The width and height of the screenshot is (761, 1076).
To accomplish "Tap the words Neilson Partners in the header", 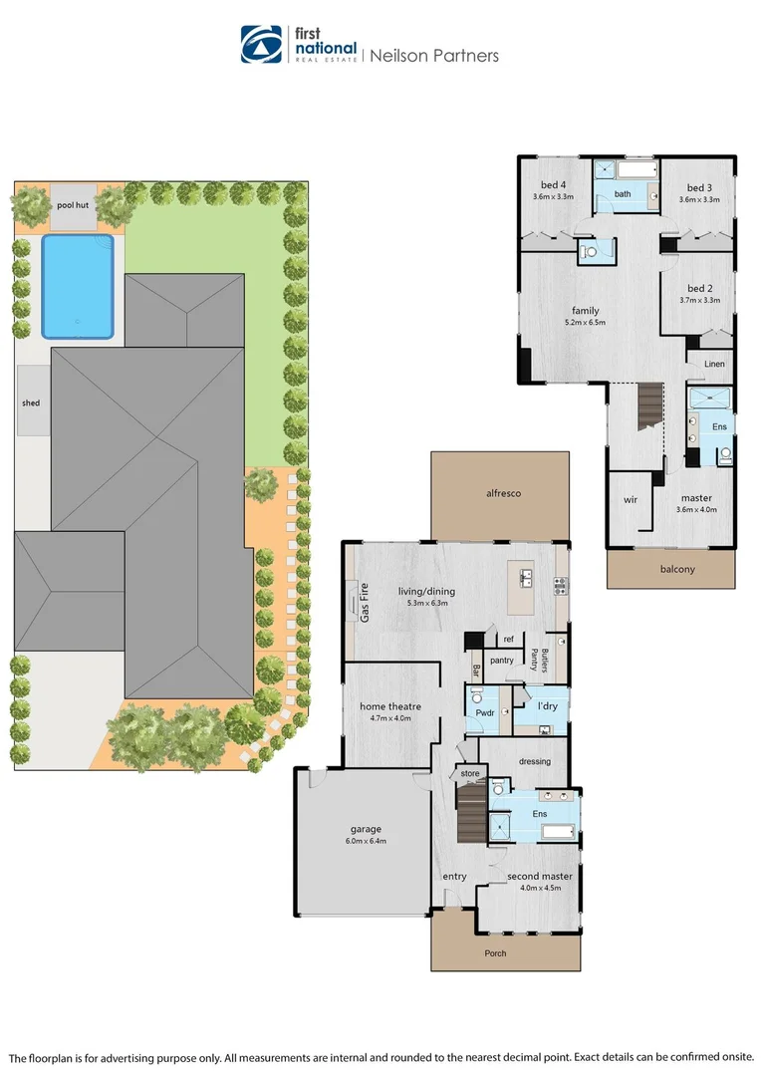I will click(434, 56).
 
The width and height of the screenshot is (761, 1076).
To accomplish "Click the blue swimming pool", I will click(77, 286).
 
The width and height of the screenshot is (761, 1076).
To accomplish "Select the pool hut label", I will click(73, 204).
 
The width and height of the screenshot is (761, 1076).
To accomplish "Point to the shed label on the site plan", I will click(31, 403).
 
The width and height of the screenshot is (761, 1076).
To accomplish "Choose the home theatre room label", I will click(390, 706).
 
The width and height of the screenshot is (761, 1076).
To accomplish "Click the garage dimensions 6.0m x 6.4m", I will click(366, 841).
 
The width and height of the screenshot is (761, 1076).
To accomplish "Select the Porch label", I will click(495, 953).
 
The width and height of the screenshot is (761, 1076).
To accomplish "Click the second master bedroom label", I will click(540, 877).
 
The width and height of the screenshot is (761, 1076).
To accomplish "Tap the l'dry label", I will click(547, 706).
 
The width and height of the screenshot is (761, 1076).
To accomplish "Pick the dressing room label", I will click(535, 761).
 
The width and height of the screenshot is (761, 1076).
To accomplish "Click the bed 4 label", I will click(554, 186).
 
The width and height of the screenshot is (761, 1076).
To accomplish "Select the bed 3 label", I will click(700, 187).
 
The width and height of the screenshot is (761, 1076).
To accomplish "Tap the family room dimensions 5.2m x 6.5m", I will click(584, 322).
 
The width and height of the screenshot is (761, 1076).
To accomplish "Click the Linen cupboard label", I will click(714, 365).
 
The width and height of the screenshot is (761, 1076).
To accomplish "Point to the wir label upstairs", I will click(630, 499).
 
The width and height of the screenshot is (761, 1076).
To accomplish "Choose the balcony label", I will click(677, 569).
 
